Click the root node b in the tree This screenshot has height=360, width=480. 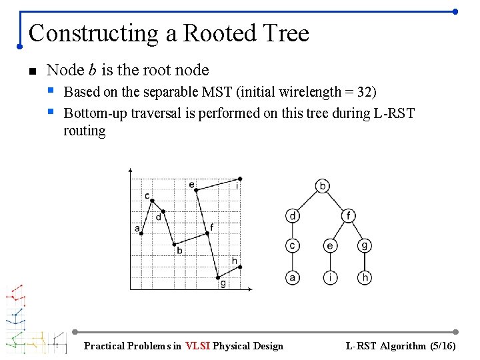pos(322,185)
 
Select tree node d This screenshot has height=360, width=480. pos(293,215)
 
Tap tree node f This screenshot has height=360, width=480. pos(348,215)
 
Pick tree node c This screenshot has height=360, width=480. pos(293,245)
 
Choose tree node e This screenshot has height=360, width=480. pos(330,245)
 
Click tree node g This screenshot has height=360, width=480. pos(365,245)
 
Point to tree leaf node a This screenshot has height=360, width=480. pos(293,277)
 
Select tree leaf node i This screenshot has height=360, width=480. pos(330,277)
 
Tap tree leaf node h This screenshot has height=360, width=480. pos(365,277)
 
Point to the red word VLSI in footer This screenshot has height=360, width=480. pos(198,346)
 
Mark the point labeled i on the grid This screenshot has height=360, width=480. pos(240,178)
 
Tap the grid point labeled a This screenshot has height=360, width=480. pos(141,233)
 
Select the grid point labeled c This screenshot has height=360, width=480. pos(152,201)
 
